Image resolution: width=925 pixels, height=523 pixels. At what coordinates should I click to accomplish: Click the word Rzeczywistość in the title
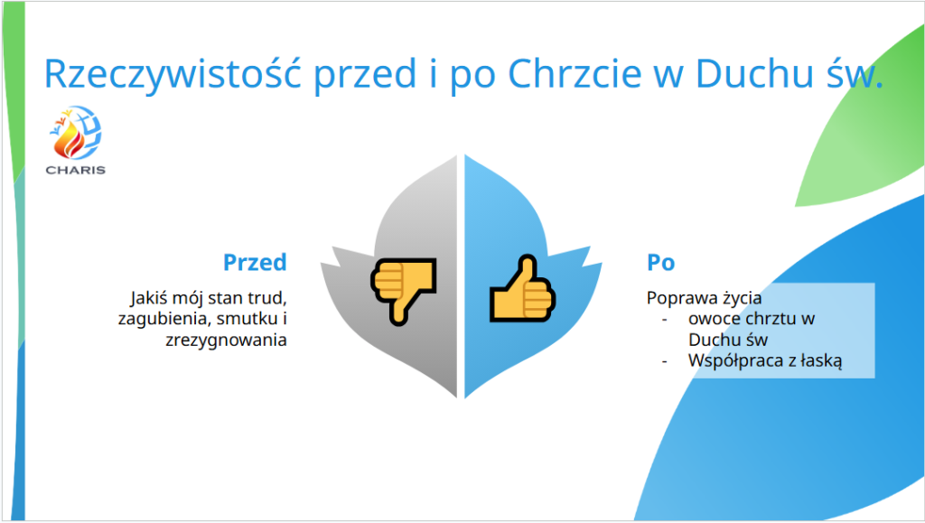coord(173,75)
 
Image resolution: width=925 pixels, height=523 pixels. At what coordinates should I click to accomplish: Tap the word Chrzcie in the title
coord(575,73)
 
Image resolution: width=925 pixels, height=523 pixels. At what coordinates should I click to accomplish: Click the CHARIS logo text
coord(76,171)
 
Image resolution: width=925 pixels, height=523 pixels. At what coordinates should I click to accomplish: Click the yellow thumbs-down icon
coord(404,291)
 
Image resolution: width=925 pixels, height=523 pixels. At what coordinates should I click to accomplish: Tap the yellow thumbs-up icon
coord(523,289)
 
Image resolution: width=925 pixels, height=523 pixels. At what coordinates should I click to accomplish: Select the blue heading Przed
coord(255,262)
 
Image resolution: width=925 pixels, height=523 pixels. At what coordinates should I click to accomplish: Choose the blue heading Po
coord(660,262)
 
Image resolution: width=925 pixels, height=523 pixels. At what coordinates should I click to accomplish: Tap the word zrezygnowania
coord(226,341)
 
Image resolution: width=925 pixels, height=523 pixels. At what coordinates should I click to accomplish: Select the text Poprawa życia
coord(704,298)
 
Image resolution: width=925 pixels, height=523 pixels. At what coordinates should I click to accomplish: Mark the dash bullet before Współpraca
coord(665,360)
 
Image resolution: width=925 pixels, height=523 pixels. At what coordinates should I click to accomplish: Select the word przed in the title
coord(365,75)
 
